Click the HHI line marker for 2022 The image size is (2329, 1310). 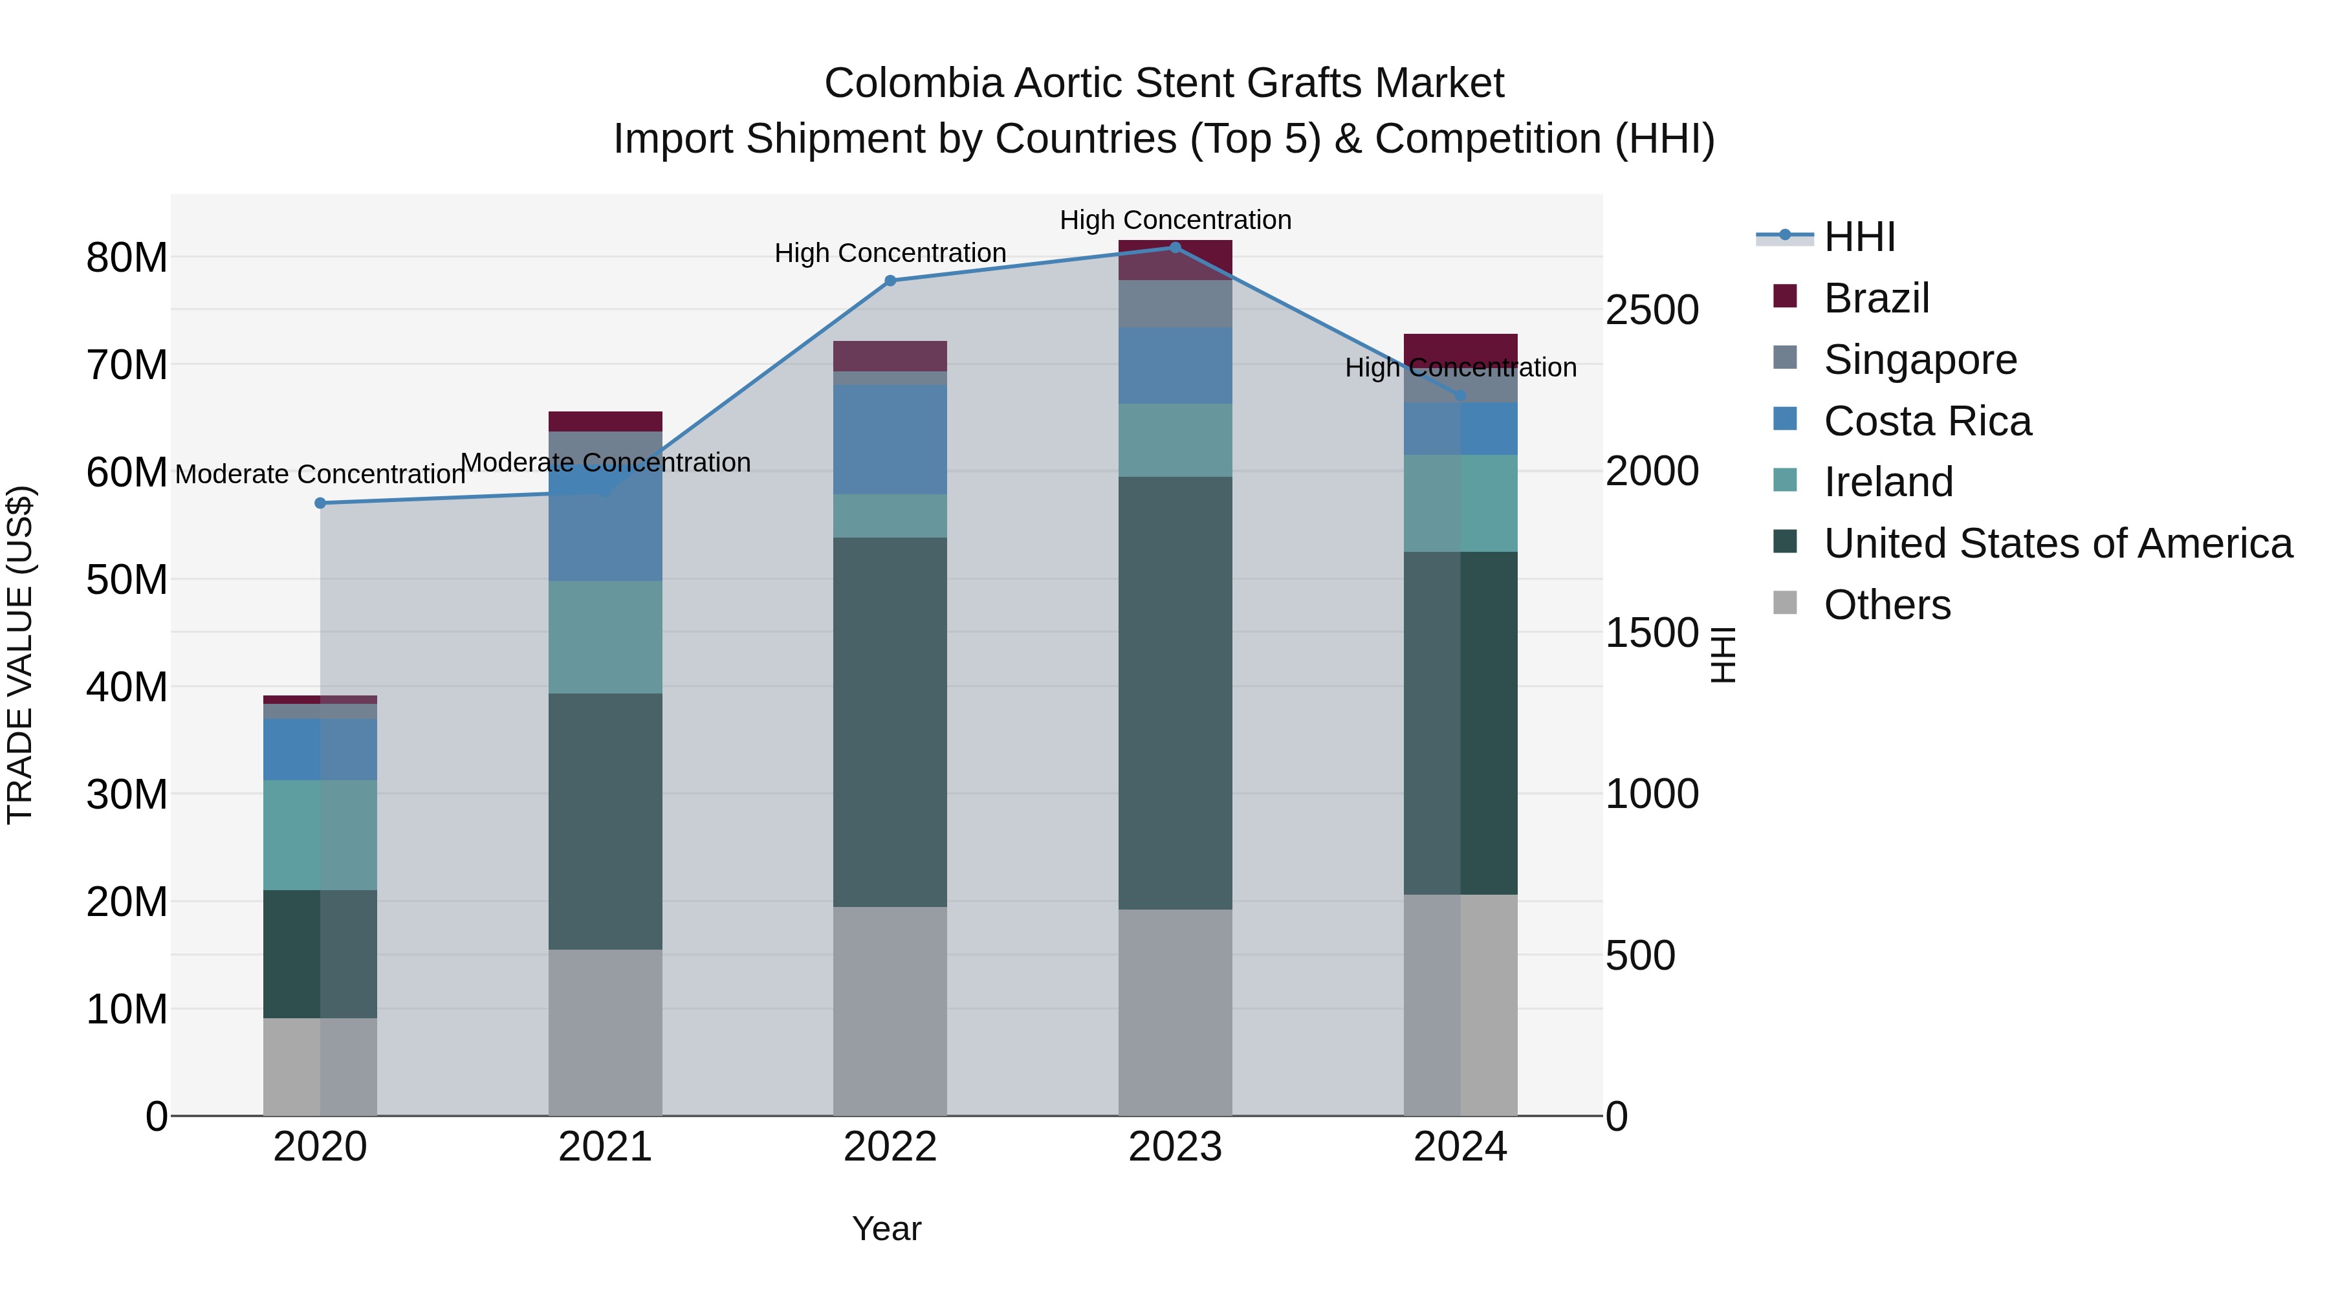(890, 280)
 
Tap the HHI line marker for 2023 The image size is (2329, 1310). (1174, 247)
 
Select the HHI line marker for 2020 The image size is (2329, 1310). (320, 503)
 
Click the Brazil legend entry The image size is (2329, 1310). (1876, 298)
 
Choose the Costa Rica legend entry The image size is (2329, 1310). (1927, 421)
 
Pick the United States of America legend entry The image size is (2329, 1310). (2057, 543)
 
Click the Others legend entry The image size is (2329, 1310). (1887, 605)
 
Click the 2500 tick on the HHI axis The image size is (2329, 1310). (1652, 310)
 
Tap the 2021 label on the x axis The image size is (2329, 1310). (605, 1147)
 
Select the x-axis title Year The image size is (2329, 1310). (886, 1228)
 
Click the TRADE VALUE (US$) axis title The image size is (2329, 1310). (20, 655)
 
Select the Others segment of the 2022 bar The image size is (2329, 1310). (890, 1010)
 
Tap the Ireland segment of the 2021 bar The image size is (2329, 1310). (605, 637)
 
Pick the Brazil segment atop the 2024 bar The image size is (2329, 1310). (1460, 347)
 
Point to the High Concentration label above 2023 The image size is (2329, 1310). (1174, 220)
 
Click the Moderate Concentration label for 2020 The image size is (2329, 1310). (320, 474)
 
